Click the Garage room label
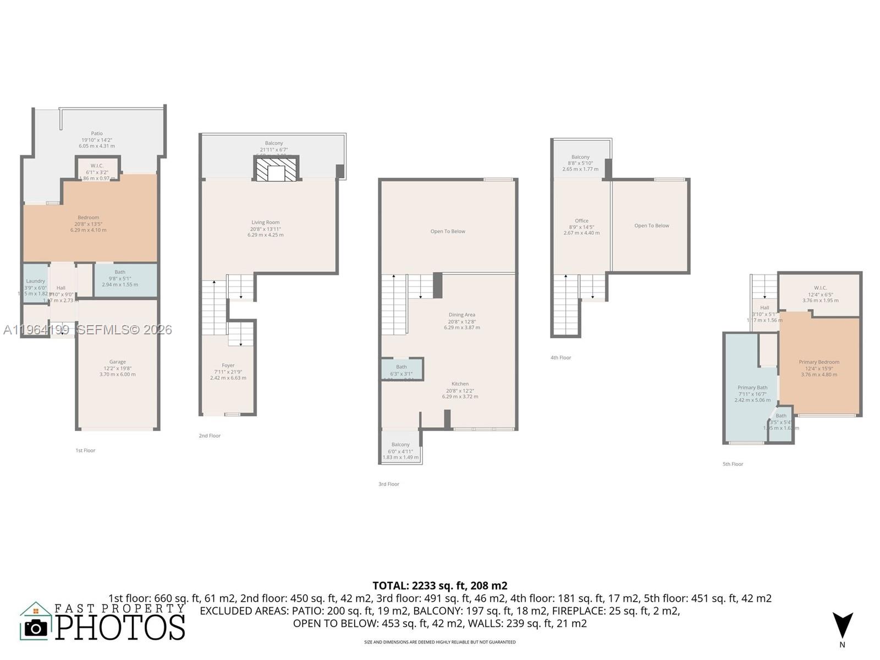(117, 362)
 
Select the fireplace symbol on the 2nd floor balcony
(277, 169)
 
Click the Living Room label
(265, 223)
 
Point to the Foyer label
(228, 366)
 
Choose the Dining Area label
(461, 315)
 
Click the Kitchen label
(460, 384)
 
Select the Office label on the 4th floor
(581, 221)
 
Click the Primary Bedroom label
(819, 362)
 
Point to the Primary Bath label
(752, 388)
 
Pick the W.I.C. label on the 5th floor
(820, 288)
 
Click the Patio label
(97, 134)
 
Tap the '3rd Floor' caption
(389, 485)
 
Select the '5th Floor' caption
(733, 464)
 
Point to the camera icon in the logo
(36, 628)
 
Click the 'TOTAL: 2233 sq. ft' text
(439, 586)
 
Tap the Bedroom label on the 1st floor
(88, 218)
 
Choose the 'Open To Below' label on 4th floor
(651, 226)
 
